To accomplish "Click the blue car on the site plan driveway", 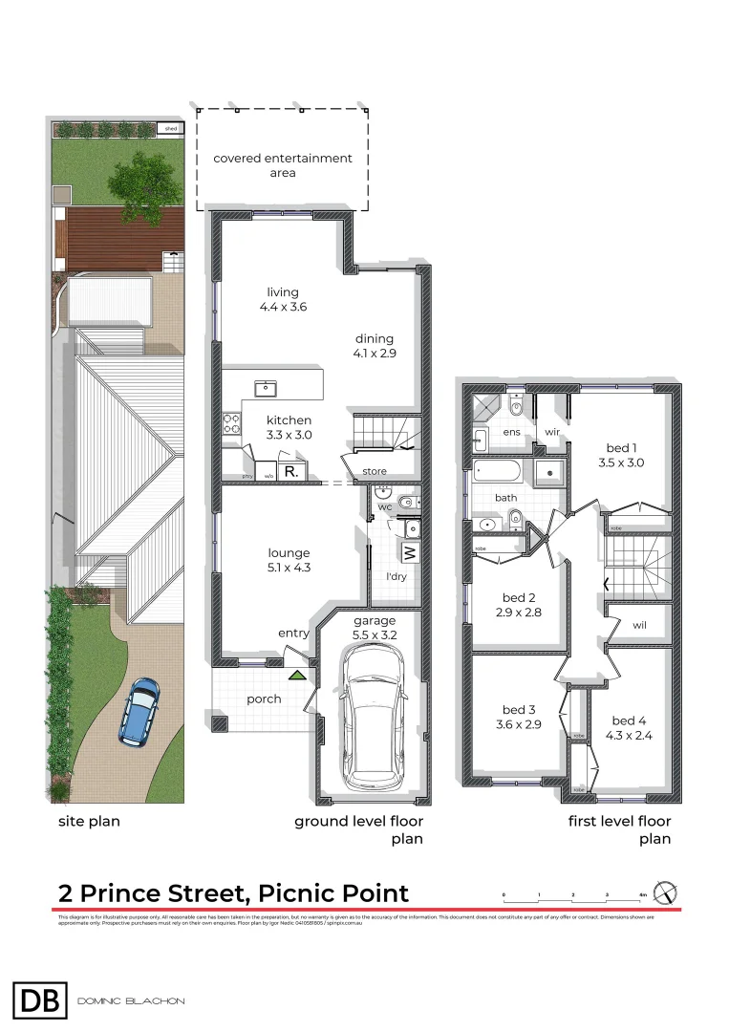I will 139,712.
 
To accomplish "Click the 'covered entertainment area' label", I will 282,165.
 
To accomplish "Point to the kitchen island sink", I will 264,388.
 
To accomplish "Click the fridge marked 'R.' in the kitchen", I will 291,471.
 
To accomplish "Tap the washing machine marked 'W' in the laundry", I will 409,552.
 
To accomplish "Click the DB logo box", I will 40,1000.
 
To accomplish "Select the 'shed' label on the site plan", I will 171,128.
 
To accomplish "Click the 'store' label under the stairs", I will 375,471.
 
